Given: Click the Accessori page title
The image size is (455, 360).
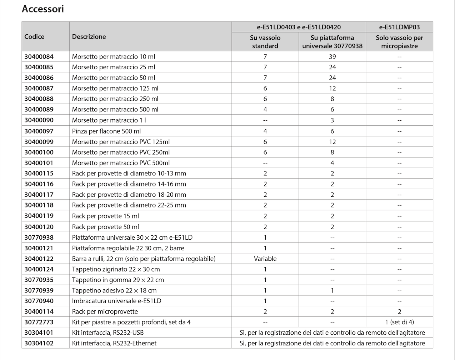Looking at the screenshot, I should (x=43, y=9).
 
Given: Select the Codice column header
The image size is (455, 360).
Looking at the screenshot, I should (x=34, y=36).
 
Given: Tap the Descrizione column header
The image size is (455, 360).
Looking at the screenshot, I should (x=89, y=36).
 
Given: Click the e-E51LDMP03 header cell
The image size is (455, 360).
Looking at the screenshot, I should (x=399, y=27).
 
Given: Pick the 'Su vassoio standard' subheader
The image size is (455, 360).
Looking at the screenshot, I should (x=265, y=42).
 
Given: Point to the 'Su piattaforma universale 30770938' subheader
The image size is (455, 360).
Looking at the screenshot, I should (x=332, y=42).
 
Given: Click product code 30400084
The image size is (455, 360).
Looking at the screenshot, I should (x=39, y=56).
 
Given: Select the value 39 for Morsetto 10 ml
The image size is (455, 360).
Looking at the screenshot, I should (x=332, y=56).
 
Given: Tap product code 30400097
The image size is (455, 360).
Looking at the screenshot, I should (x=39, y=131).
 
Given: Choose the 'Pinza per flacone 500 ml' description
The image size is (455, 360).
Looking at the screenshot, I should (x=106, y=131).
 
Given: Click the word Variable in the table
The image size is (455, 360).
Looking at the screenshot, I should (x=265, y=259).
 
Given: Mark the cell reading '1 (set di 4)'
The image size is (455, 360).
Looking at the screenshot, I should (x=399, y=322).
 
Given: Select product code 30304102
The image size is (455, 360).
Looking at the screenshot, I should (x=39, y=343).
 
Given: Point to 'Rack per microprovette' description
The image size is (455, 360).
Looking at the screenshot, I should (x=105, y=311).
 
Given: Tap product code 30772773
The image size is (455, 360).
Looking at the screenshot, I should (x=39, y=322).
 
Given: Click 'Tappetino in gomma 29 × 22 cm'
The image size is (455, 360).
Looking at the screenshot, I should (x=118, y=280).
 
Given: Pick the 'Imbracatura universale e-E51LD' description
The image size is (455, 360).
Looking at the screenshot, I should (x=116, y=301).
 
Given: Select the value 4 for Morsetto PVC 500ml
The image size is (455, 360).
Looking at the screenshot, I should (x=332, y=163).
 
